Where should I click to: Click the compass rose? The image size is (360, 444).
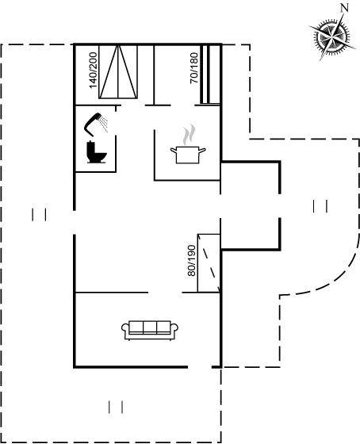tap(332, 36)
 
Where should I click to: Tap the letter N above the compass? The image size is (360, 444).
tap(344, 8)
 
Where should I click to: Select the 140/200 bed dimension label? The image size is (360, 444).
tap(94, 71)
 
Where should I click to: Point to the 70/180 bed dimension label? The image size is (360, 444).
tap(194, 68)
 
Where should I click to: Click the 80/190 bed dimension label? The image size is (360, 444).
tap(191, 261)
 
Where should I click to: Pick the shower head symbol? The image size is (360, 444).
tap(96, 124)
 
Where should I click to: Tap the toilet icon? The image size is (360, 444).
tap(96, 152)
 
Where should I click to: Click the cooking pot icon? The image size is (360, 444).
tap(188, 155)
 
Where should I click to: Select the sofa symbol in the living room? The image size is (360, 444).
tap(150, 330)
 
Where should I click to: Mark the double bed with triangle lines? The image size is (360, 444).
tap(118, 72)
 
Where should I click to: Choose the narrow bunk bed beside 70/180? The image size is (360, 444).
tap(210, 75)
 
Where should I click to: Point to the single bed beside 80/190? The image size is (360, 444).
tap(209, 262)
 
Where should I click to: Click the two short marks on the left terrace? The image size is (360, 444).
tap(39, 215)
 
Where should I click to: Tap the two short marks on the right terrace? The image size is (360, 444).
tap(320, 206)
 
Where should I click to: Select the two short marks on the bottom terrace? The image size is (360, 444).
tap(116, 408)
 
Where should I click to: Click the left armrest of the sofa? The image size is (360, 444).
tap(125, 328)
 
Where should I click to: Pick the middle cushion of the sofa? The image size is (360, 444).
tap(150, 327)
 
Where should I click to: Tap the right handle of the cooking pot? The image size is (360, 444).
tap(202, 150)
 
